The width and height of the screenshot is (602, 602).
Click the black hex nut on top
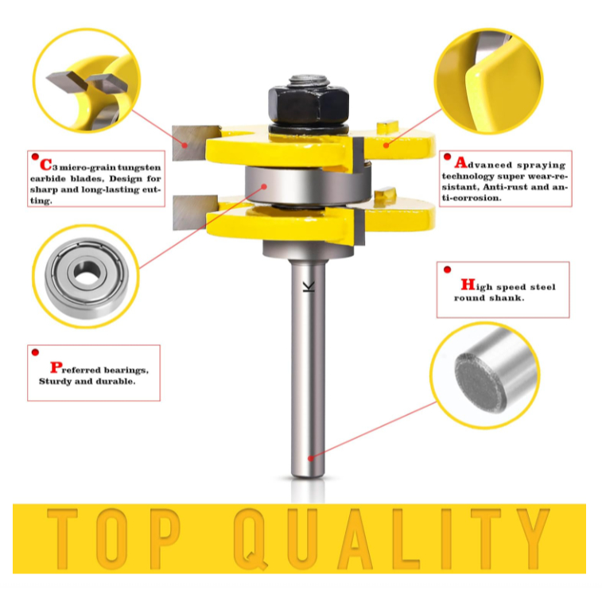click(x=309, y=103)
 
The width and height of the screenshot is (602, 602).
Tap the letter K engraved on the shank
click(x=309, y=287)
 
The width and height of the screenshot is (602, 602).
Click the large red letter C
click(x=45, y=165)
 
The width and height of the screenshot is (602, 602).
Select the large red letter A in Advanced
click(x=460, y=162)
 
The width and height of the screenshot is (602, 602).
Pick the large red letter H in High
click(x=468, y=285)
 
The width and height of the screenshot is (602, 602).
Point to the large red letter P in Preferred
click(x=56, y=367)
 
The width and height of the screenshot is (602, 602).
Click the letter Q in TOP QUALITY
click(x=251, y=538)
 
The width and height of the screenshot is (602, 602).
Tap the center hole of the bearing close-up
click(x=87, y=272)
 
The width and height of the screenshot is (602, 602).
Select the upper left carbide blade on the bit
click(x=195, y=143)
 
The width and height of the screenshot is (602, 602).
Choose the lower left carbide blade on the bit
click(x=195, y=212)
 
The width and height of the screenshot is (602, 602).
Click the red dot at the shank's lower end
click(x=311, y=458)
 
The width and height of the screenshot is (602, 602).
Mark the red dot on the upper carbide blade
click(x=184, y=146)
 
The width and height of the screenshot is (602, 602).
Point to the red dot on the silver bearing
click(x=264, y=187)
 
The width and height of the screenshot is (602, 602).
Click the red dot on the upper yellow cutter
click(x=386, y=145)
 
